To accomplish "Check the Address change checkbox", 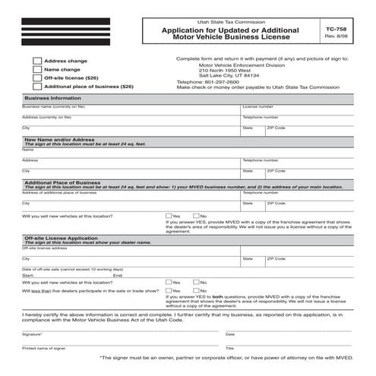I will (x=37, y=60).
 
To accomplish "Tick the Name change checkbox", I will (x=37, y=69).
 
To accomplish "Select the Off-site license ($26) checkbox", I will (x=37, y=78).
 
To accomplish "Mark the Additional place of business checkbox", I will (x=37, y=87).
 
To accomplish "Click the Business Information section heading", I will (x=53, y=99).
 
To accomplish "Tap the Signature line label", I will (x=33, y=334).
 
